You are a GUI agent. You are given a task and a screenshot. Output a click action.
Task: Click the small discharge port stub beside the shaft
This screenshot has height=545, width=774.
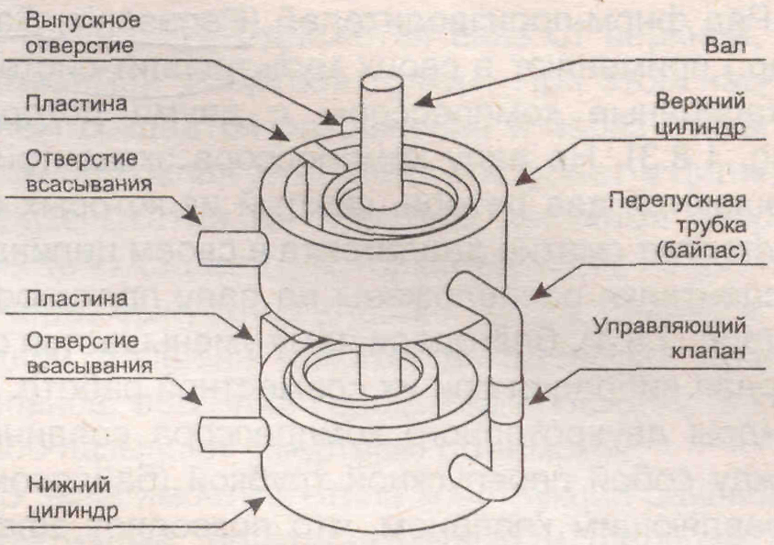[x=346, y=121]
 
